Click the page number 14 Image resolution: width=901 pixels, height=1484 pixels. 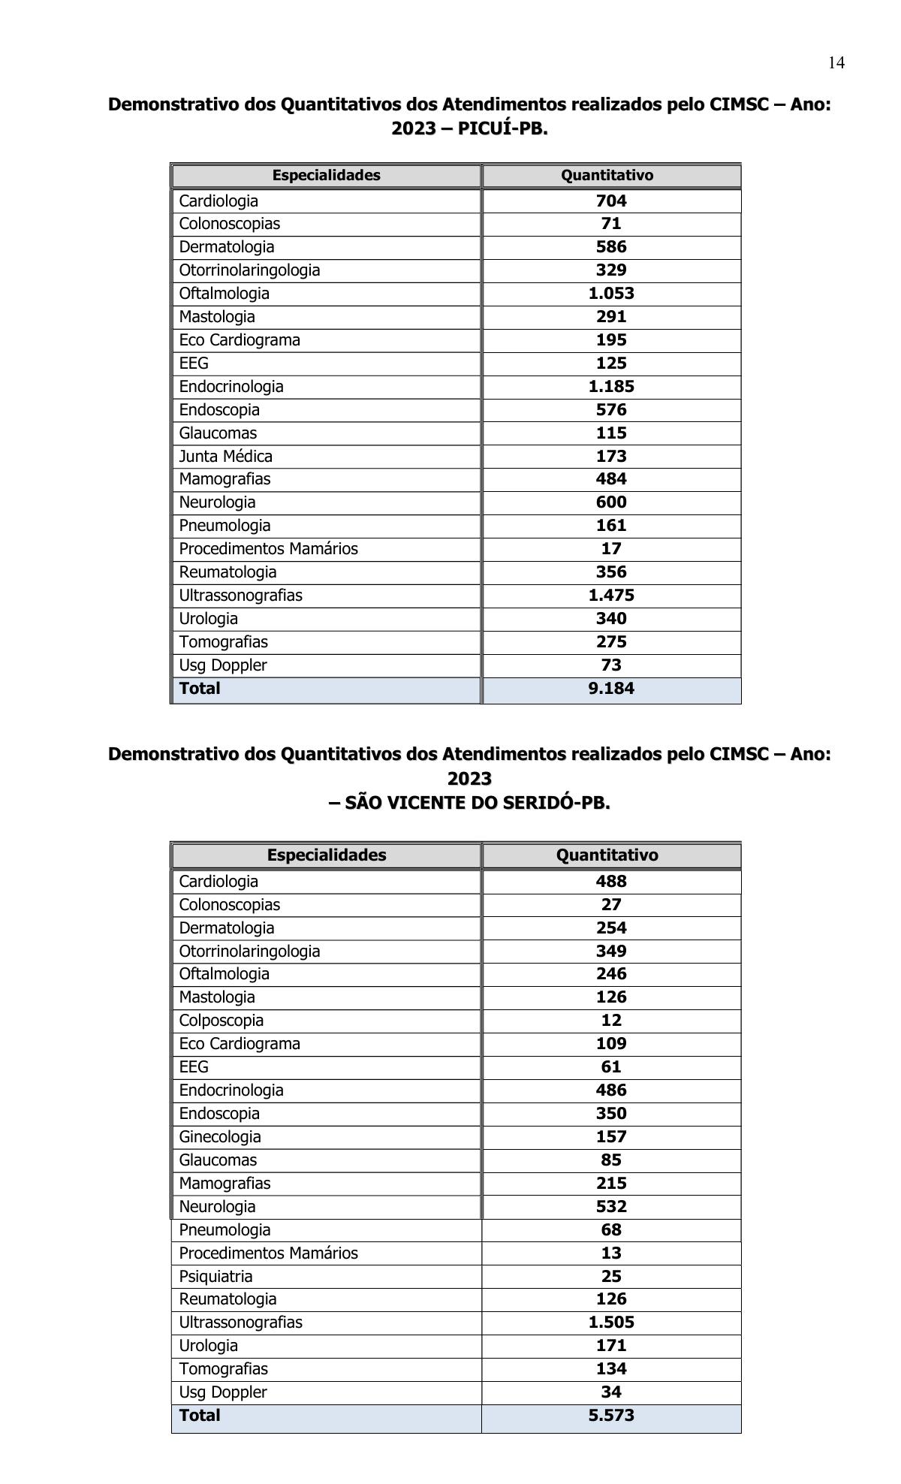pyautogui.click(x=836, y=63)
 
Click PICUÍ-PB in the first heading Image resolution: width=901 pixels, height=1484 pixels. pyautogui.click(x=502, y=129)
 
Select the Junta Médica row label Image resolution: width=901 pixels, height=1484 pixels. pyautogui.click(x=225, y=456)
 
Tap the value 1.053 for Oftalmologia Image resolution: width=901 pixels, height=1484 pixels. pyautogui.click(x=611, y=294)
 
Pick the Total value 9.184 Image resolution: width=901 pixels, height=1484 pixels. pyautogui.click(x=611, y=689)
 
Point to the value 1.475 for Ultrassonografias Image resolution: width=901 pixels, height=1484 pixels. pyautogui.click(x=611, y=596)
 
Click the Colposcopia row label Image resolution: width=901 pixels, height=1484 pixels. pyautogui.click(x=221, y=1021)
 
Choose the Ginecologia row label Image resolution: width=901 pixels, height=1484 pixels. pyautogui.click(x=220, y=1137)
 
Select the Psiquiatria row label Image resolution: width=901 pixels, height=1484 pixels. pyautogui.click(x=215, y=1277)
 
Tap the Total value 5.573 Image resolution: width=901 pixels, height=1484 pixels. pyautogui.click(x=611, y=1416)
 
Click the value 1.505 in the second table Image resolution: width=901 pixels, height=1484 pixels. pyautogui.click(x=611, y=1323)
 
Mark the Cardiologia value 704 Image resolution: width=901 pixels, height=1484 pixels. pyautogui.click(x=611, y=201)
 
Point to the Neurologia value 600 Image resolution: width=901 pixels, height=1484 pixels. pyautogui.click(x=611, y=502)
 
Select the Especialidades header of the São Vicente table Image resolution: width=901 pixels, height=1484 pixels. pyautogui.click(x=327, y=855)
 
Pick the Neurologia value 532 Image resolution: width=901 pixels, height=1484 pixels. pyautogui.click(x=611, y=1207)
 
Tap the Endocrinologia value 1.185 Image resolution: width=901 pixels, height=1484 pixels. pyautogui.click(x=611, y=387)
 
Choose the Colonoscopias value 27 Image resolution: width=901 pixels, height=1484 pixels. pyautogui.click(x=611, y=905)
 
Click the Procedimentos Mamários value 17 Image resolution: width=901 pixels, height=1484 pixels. pyautogui.click(x=611, y=549)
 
